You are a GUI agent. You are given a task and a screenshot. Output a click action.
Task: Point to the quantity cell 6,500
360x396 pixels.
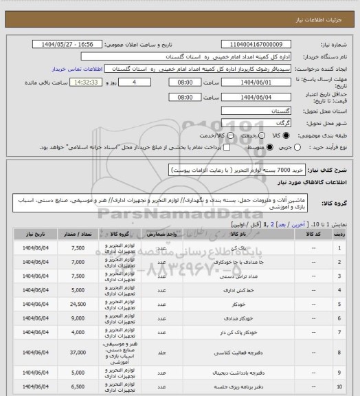77,389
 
